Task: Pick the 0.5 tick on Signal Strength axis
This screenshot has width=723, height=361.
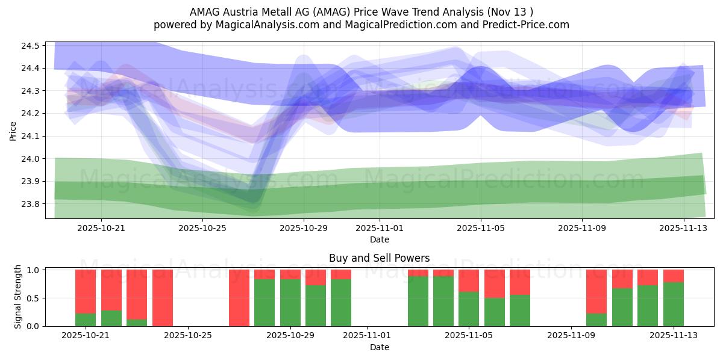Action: click(34, 298)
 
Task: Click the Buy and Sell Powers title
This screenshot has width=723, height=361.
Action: click(379, 258)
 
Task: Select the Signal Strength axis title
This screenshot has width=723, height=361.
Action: click(18, 297)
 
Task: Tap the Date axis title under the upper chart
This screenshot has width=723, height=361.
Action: click(379, 239)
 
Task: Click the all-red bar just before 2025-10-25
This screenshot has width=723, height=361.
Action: click(163, 298)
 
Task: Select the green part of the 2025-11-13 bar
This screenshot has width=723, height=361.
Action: click(674, 304)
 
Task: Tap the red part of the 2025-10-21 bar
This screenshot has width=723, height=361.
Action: click(86, 291)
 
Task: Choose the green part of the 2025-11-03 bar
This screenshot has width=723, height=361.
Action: click(418, 301)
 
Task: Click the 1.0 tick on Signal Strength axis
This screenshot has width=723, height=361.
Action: click(34, 270)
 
